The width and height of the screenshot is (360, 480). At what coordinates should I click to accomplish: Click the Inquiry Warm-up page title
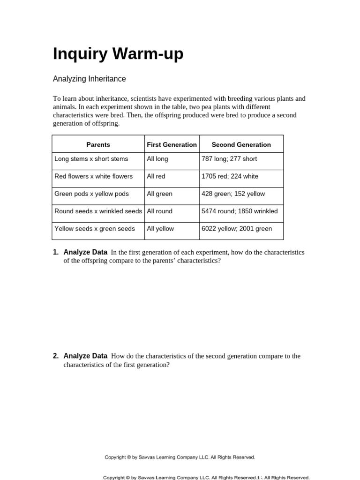tap(118, 54)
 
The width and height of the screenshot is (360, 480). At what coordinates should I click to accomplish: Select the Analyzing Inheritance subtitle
tap(89, 79)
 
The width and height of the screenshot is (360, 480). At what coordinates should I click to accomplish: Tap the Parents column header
tap(98, 144)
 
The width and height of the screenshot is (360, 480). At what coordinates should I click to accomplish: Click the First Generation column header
tap(172, 144)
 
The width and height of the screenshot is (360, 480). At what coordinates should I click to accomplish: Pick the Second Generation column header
tap(241, 144)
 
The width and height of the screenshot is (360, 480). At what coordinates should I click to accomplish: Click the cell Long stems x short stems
tap(91, 159)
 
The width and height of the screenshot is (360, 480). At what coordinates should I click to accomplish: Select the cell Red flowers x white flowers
tap(93, 176)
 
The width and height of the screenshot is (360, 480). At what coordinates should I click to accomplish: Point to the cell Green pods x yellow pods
tap(91, 194)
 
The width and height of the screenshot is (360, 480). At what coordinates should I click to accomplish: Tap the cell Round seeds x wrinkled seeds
tap(98, 211)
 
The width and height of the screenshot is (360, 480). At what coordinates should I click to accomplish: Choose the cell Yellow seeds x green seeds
tap(94, 229)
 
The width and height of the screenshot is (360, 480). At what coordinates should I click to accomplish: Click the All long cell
tap(157, 159)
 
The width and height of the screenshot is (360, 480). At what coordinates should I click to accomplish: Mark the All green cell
tap(159, 194)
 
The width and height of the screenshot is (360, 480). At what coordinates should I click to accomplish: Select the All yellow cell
tap(160, 229)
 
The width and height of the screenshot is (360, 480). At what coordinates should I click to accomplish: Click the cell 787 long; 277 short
tap(229, 159)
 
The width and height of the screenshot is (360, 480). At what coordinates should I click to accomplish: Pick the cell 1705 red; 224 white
tap(230, 176)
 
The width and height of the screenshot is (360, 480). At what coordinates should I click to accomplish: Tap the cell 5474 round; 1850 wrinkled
tap(239, 211)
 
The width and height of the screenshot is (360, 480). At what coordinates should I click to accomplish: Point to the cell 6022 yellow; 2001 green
tap(236, 229)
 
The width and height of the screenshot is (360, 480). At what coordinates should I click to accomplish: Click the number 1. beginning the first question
tap(56, 252)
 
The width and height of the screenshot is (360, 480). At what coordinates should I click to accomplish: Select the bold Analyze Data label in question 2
tap(85, 356)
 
